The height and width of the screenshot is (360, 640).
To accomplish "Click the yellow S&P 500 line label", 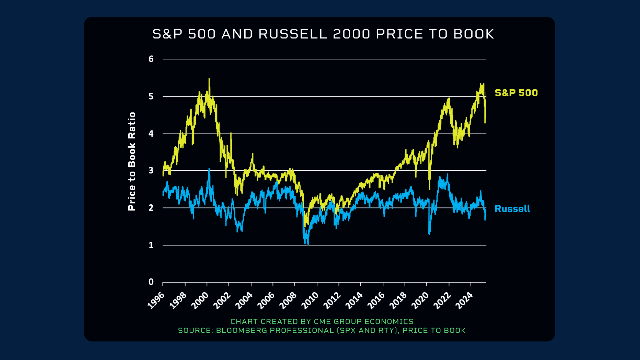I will [x=516, y=93].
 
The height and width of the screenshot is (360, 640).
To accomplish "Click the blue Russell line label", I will [x=512, y=209].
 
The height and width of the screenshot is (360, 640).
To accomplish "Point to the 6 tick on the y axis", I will [x=151, y=59].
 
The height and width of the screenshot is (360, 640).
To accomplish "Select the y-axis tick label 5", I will [x=151, y=96].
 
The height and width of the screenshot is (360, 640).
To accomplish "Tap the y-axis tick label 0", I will [x=151, y=282].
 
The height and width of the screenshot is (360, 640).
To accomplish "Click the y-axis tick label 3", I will [x=151, y=170].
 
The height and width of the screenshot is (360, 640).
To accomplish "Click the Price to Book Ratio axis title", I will [x=132, y=161].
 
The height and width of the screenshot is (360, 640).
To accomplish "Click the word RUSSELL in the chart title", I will [x=293, y=34].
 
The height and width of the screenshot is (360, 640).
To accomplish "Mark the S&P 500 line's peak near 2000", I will [x=209, y=79].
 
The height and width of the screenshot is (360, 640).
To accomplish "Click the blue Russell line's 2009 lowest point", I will [x=308, y=244].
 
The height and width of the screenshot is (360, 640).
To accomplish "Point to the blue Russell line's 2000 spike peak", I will [x=209, y=169].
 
